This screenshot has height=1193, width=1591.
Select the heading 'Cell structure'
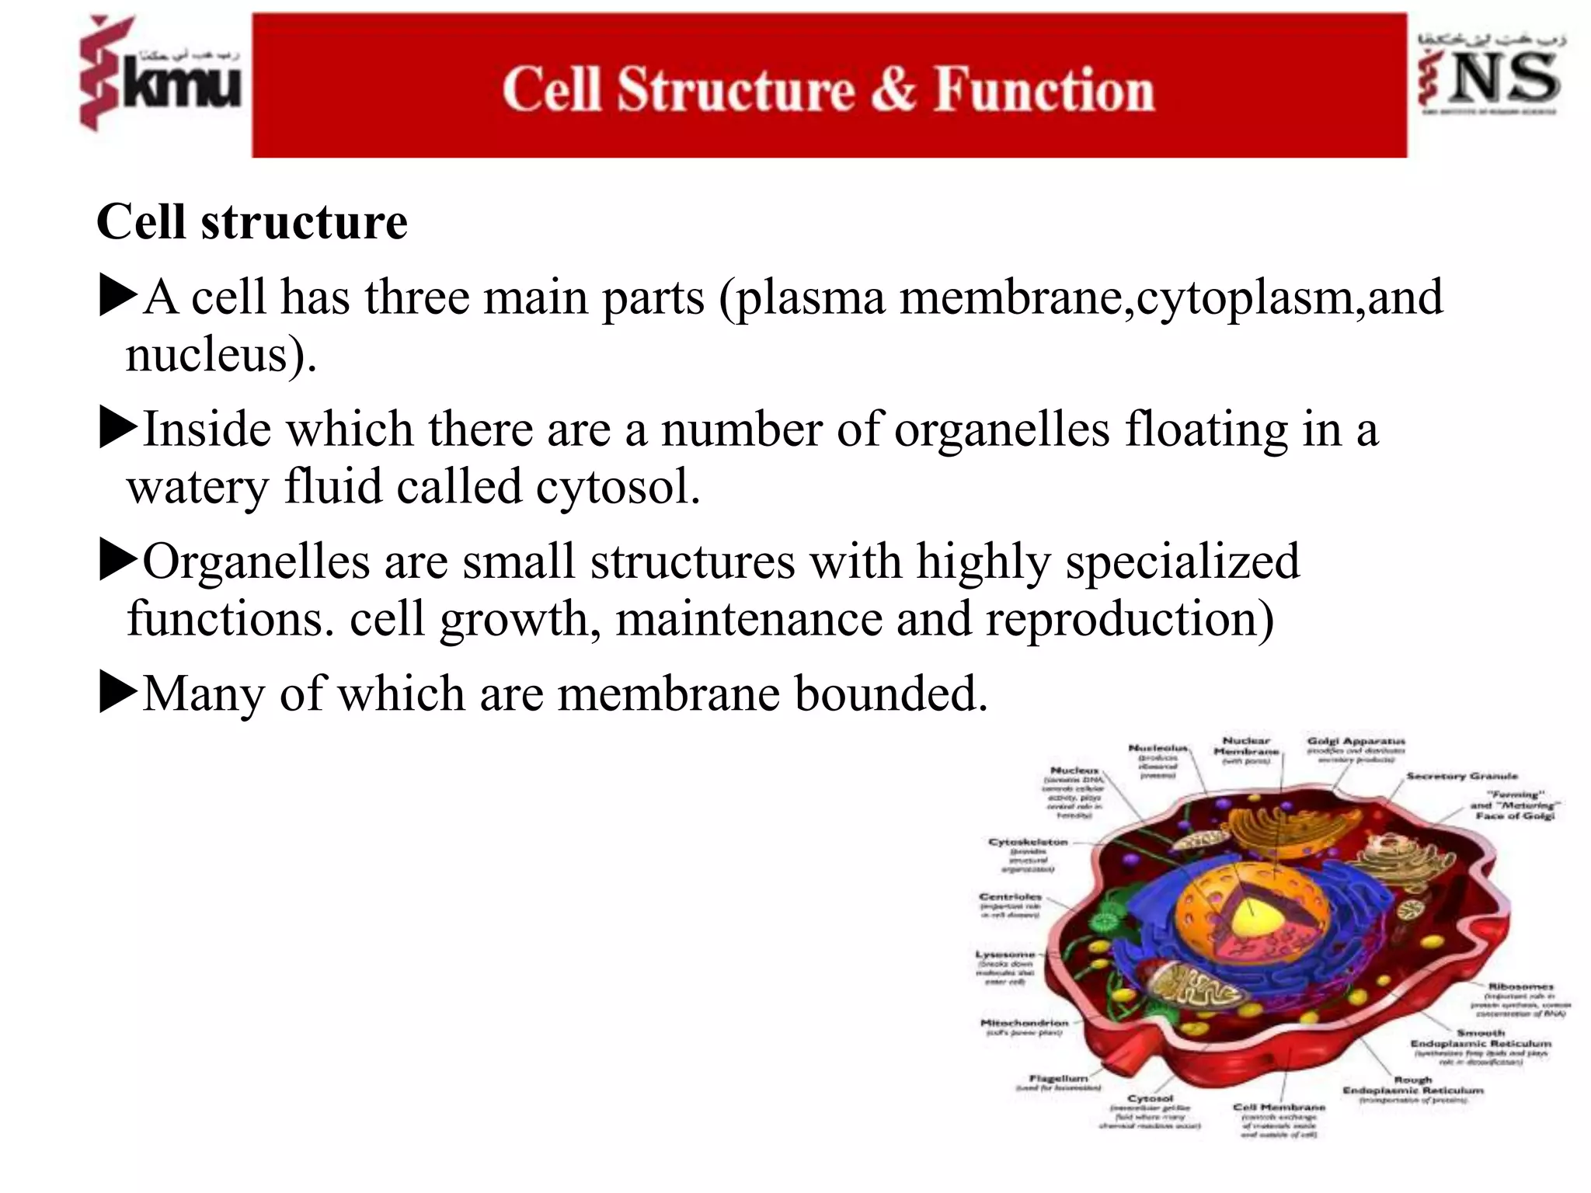252,222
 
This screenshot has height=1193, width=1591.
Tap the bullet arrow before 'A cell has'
118,297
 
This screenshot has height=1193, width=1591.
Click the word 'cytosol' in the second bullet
617,487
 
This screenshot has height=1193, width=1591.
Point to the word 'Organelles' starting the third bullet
256,561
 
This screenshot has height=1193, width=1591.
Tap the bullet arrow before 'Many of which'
118,693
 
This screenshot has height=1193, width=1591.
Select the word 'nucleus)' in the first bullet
221,355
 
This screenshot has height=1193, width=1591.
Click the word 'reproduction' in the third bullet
1129,619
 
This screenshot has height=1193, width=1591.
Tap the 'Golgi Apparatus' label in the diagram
1356,741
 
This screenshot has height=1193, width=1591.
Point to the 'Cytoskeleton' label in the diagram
1028,842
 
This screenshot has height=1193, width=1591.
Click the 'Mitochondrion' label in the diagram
1024,1023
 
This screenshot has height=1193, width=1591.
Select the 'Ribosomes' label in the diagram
1520,986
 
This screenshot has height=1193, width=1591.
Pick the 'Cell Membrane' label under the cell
1279,1107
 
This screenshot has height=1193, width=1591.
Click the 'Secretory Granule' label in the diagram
1461,776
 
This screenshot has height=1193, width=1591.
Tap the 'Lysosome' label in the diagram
1005,954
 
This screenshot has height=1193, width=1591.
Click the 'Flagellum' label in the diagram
1058,1078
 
